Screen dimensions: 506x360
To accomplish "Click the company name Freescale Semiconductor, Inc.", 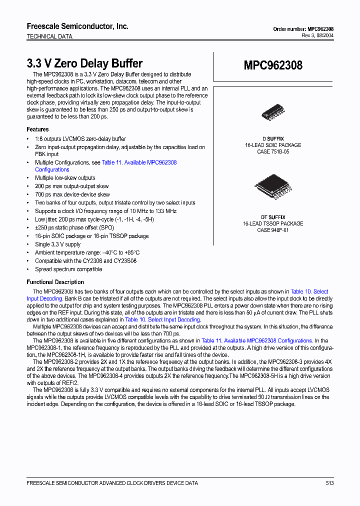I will pos(77,26).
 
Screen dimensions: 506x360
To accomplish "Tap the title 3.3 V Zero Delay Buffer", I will pos(84,63).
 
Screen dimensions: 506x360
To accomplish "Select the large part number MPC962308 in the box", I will pos(273,65).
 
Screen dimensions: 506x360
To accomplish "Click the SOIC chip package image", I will pos(273,114).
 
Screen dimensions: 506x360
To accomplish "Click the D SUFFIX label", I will pos(273,138).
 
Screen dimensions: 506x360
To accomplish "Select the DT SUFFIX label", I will pos(273,217).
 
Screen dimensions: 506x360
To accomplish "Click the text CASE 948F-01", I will pos(273,230).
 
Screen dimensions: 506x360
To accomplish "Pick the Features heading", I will pos(37,129).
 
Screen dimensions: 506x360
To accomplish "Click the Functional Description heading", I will pos(55,282).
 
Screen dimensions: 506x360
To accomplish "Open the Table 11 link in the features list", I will pos(139,162).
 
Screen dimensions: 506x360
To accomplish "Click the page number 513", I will pos(329,483).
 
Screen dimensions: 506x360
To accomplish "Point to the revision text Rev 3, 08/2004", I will pos(317,35).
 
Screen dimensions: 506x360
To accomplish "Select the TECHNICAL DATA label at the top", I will pos(49,36).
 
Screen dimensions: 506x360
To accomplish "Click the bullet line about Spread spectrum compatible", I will pos(68,269).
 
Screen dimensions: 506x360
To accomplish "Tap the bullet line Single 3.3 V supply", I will pos(57,244).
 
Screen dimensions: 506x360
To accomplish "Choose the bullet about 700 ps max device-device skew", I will pos(72,194).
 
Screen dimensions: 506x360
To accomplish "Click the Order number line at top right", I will pos(303,29).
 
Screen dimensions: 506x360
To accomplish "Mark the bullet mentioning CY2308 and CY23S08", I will pos(85,261).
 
